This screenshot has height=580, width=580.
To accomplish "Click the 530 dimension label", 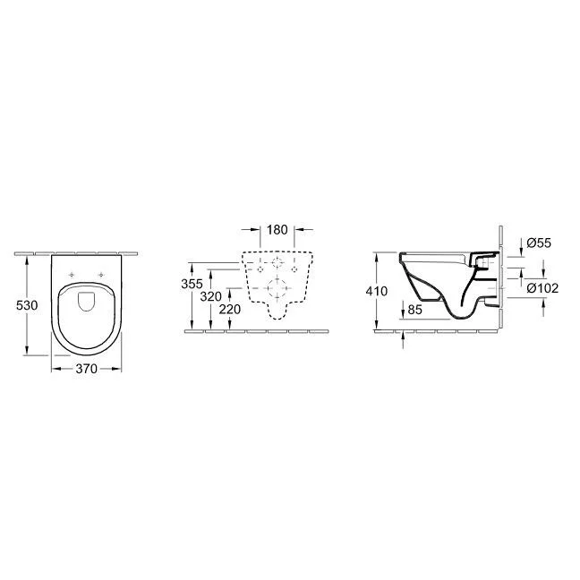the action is (x=27, y=305).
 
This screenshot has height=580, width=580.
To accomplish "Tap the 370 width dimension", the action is (x=86, y=369).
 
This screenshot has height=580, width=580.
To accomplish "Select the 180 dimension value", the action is (x=277, y=230).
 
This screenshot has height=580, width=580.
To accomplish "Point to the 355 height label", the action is (x=192, y=284).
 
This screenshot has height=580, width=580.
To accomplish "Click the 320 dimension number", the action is (x=211, y=296).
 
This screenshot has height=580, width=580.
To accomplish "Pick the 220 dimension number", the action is (x=230, y=309).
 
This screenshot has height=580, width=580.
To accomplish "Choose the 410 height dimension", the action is (x=377, y=291).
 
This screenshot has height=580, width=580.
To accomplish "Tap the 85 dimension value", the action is (x=414, y=310).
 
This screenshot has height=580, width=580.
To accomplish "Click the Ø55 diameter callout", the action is (x=539, y=243).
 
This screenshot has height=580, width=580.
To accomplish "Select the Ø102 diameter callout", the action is (x=542, y=288).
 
